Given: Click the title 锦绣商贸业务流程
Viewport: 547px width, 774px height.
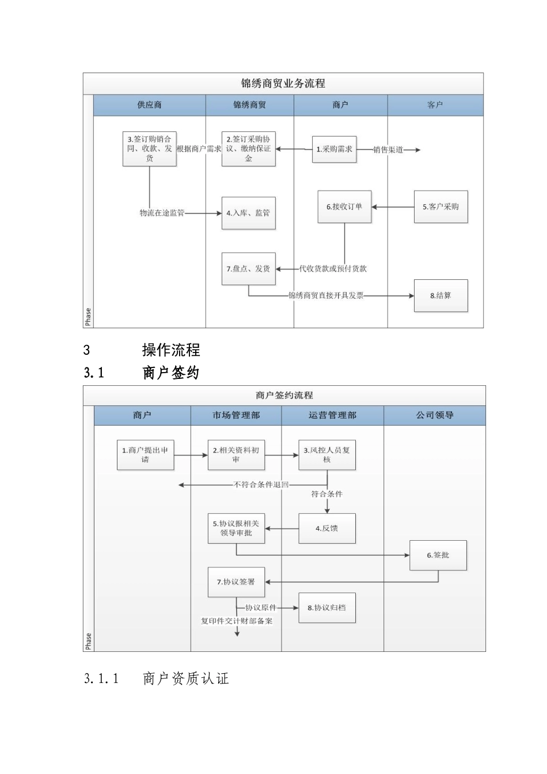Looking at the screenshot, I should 283,84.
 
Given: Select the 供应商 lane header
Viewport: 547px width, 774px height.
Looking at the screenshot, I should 149,105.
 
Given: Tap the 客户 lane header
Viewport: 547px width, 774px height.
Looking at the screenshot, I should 435,105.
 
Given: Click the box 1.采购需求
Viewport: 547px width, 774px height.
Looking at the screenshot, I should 335,149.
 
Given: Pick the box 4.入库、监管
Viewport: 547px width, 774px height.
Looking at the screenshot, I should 248,213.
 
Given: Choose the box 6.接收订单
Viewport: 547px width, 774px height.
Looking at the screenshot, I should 344,207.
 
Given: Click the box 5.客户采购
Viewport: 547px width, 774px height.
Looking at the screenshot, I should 440,207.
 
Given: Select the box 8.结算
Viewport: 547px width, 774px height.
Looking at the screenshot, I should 440,296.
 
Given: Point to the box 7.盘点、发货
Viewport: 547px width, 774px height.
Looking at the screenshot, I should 248,269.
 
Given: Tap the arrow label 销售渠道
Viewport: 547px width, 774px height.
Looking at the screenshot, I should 388,150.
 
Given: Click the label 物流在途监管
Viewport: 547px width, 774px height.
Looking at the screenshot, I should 162,213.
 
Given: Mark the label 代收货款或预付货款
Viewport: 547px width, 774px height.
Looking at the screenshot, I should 333,269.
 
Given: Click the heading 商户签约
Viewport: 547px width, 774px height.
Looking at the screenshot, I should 170,373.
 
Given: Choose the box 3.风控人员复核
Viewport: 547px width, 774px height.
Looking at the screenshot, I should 326,455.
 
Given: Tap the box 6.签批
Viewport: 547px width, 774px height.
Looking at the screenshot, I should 438,556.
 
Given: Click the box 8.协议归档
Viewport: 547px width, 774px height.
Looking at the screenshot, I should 326,608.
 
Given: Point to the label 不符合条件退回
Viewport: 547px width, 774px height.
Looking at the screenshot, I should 261,485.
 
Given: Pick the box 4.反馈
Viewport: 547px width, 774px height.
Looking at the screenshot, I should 326,529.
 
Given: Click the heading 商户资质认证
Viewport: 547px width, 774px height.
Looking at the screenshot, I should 185,679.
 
